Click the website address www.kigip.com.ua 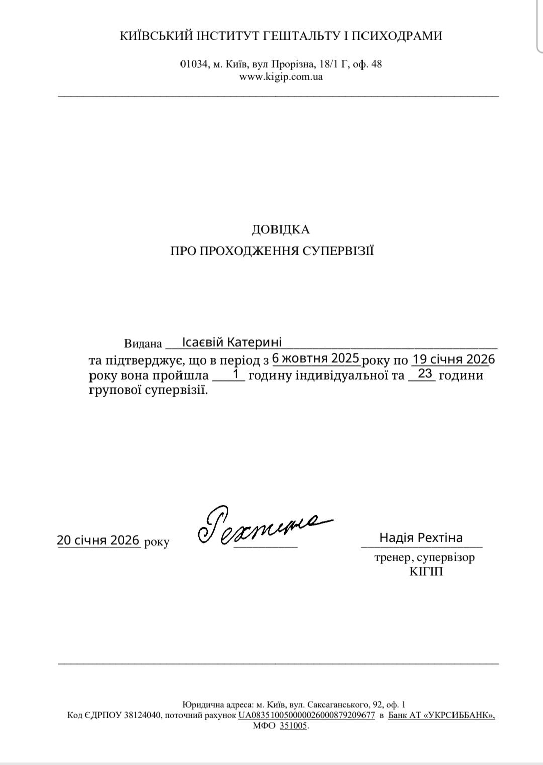(x=281, y=77)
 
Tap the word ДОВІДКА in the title (x=281, y=230)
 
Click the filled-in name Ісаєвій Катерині (x=232, y=342)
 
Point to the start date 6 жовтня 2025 (x=316, y=358)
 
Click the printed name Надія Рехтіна (x=421, y=537)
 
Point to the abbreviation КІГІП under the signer (x=426, y=572)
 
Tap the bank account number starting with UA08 (x=307, y=715)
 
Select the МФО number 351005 (x=293, y=726)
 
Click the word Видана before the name (x=143, y=344)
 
